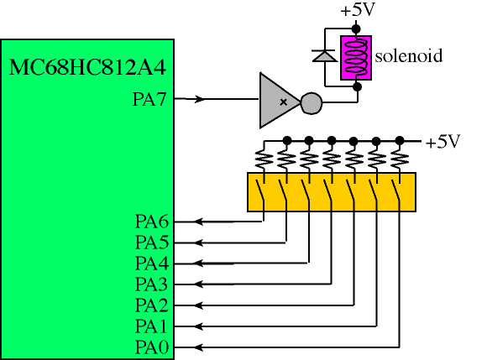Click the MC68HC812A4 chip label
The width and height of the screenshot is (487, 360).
87,67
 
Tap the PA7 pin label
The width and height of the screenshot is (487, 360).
149,100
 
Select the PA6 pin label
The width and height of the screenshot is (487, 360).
152,222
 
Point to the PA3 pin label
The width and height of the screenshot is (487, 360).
152,284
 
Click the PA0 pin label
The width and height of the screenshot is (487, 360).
152,347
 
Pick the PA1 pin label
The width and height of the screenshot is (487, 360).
152,326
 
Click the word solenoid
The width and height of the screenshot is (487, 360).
408,56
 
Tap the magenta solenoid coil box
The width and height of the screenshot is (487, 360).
356,58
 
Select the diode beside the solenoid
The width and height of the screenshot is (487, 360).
325,56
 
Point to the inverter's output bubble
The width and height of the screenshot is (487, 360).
312,103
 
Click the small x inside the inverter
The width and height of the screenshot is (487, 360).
283,102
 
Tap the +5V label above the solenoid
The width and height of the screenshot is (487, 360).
358,9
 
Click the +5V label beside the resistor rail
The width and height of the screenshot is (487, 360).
442,142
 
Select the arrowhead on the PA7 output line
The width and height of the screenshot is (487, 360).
199,99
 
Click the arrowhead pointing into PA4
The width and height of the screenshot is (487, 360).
198,263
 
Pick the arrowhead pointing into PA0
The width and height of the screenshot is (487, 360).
198,347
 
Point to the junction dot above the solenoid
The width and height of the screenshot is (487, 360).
356,29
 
